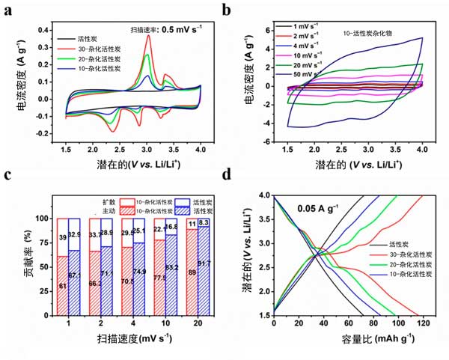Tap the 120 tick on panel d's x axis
[x=423, y=323]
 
